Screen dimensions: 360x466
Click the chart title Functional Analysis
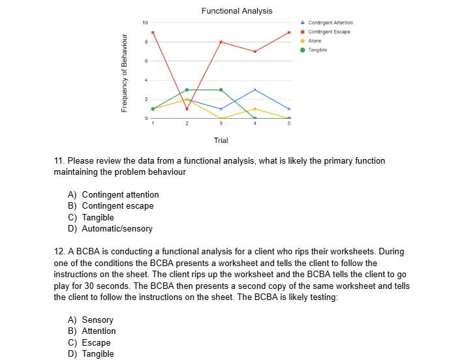(x=237, y=10)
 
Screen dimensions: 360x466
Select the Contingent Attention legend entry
(x=330, y=23)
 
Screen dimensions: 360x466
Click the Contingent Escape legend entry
(x=329, y=32)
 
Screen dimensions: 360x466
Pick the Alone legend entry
(x=315, y=40)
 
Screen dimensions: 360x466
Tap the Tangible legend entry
(x=317, y=50)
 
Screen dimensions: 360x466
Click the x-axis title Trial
(x=221, y=140)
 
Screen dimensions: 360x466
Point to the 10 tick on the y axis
(x=146, y=23)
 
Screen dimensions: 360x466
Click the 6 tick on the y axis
(x=147, y=61)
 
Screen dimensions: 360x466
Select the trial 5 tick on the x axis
(x=289, y=124)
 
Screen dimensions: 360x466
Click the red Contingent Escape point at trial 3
(x=221, y=42)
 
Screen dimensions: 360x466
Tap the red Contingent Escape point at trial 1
(x=153, y=33)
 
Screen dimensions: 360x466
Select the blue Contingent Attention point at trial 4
(x=255, y=89)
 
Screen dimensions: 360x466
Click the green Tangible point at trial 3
(x=221, y=90)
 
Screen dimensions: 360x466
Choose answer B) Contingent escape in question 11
(x=111, y=206)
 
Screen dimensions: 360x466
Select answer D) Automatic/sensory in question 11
(x=110, y=229)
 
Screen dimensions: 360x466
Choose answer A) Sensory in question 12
(x=91, y=320)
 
